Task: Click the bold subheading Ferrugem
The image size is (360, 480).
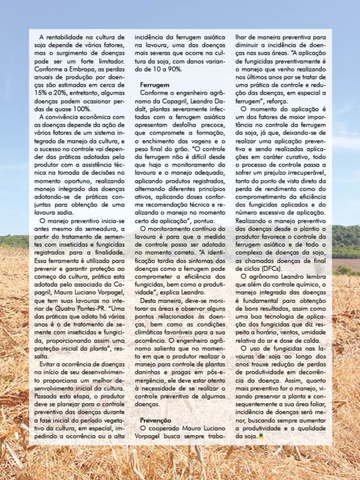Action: click(x=154, y=85)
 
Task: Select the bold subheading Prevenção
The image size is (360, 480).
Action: click(x=156, y=420)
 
